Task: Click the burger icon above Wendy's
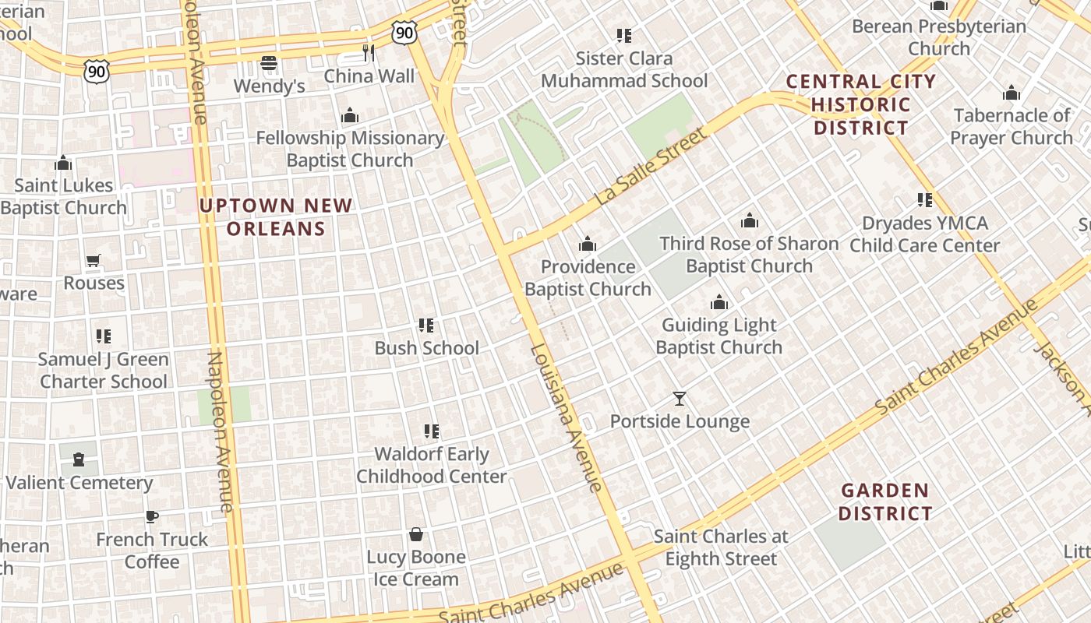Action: tap(269, 62)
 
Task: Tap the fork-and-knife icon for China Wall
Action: tap(369, 53)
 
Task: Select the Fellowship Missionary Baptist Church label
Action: tap(350, 149)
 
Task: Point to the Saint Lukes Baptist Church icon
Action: tap(63, 163)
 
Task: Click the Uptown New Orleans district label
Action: tap(276, 217)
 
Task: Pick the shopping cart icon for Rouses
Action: tap(94, 260)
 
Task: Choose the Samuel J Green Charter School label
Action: tap(104, 371)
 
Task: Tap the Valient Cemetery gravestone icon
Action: tap(79, 459)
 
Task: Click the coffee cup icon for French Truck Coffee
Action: tap(152, 516)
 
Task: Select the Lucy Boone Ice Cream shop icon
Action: tap(416, 534)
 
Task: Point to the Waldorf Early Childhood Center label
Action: tap(432, 465)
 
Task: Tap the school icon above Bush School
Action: tap(426, 325)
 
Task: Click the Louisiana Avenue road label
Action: tap(566, 417)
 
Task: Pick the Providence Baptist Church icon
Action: tap(588, 244)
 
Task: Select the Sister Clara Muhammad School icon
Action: tap(623, 35)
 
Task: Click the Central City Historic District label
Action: tap(861, 104)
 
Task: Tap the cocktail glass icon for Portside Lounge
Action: tap(680, 399)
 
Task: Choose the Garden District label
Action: tap(886, 502)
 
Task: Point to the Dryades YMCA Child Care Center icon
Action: tap(925, 200)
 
